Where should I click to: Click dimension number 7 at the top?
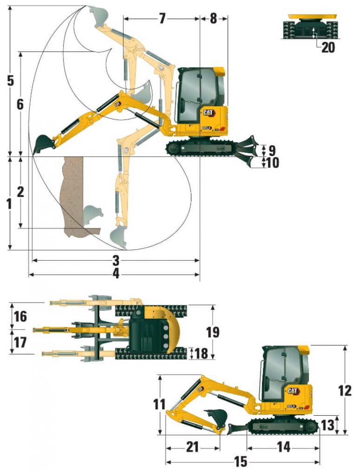[162, 19]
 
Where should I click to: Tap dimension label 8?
[213, 19]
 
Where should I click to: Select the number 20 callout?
[328, 47]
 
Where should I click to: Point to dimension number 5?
[10, 80]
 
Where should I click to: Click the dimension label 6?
[20, 104]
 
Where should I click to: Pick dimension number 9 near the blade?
[271, 151]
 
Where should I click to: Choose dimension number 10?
[272, 163]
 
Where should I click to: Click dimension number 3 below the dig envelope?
[116, 260]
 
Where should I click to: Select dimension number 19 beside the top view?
[213, 332]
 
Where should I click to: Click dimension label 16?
[20, 316]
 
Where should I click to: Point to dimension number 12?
[345, 390]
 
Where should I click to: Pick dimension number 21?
[193, 447]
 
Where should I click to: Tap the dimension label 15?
[240, 462]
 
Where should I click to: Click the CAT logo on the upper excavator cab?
[209, 112]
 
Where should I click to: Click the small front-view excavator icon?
[312, 26]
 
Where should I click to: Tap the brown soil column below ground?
[73, 192]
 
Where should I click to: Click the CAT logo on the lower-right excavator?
[293, 391]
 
